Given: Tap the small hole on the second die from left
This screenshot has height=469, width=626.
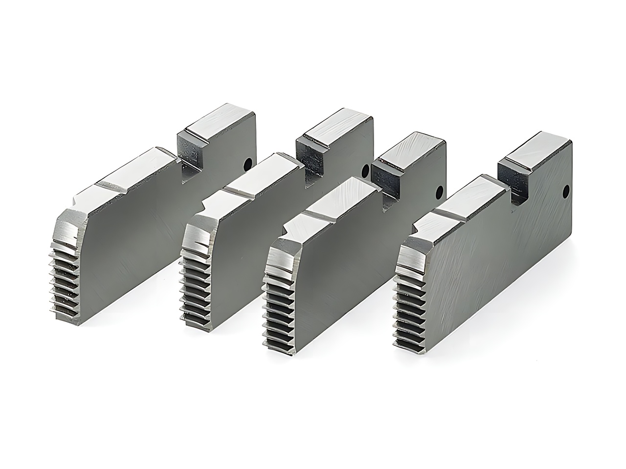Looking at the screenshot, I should click(365, 171).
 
